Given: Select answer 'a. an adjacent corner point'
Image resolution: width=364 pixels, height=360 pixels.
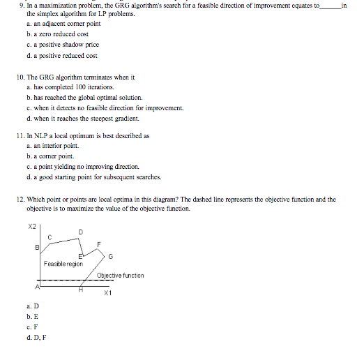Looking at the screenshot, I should (x=63, y=23).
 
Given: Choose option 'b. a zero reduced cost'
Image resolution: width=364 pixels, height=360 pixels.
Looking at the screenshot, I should (x=57, y=33).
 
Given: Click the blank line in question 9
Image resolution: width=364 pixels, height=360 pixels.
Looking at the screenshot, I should (x=331, y=6).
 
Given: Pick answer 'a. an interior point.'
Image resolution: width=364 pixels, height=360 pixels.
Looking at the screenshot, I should (x=52, y=146).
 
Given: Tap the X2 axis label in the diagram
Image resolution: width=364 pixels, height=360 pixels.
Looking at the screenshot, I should (x=31, y=227).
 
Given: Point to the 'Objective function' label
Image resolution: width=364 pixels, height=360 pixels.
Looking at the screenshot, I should (x=120, y=276).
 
